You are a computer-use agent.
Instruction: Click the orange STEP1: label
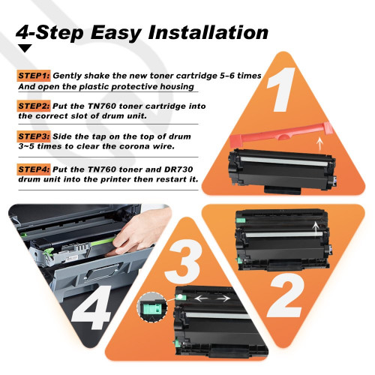[x=34, y=76]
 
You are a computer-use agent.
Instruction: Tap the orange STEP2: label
[x=34, y=106]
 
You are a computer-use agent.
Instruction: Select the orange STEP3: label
[x=34, y=136]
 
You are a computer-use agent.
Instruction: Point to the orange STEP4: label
[x=34, y=169]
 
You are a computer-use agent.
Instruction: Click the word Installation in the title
[x=208, y=32]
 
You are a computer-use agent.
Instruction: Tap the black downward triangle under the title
[x=25, y=48]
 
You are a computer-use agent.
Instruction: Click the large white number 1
[x=282, y=89]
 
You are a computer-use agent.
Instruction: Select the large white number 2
[x=286, y=295]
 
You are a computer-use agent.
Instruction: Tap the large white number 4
[x=91, y=307]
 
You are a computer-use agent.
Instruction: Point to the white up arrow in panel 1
[x=319, y=145]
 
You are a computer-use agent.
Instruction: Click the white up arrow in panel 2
[x=316, y=229]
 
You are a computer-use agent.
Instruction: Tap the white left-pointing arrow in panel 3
[x=202, y=298]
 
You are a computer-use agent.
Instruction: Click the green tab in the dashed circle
[x=151, y=308]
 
